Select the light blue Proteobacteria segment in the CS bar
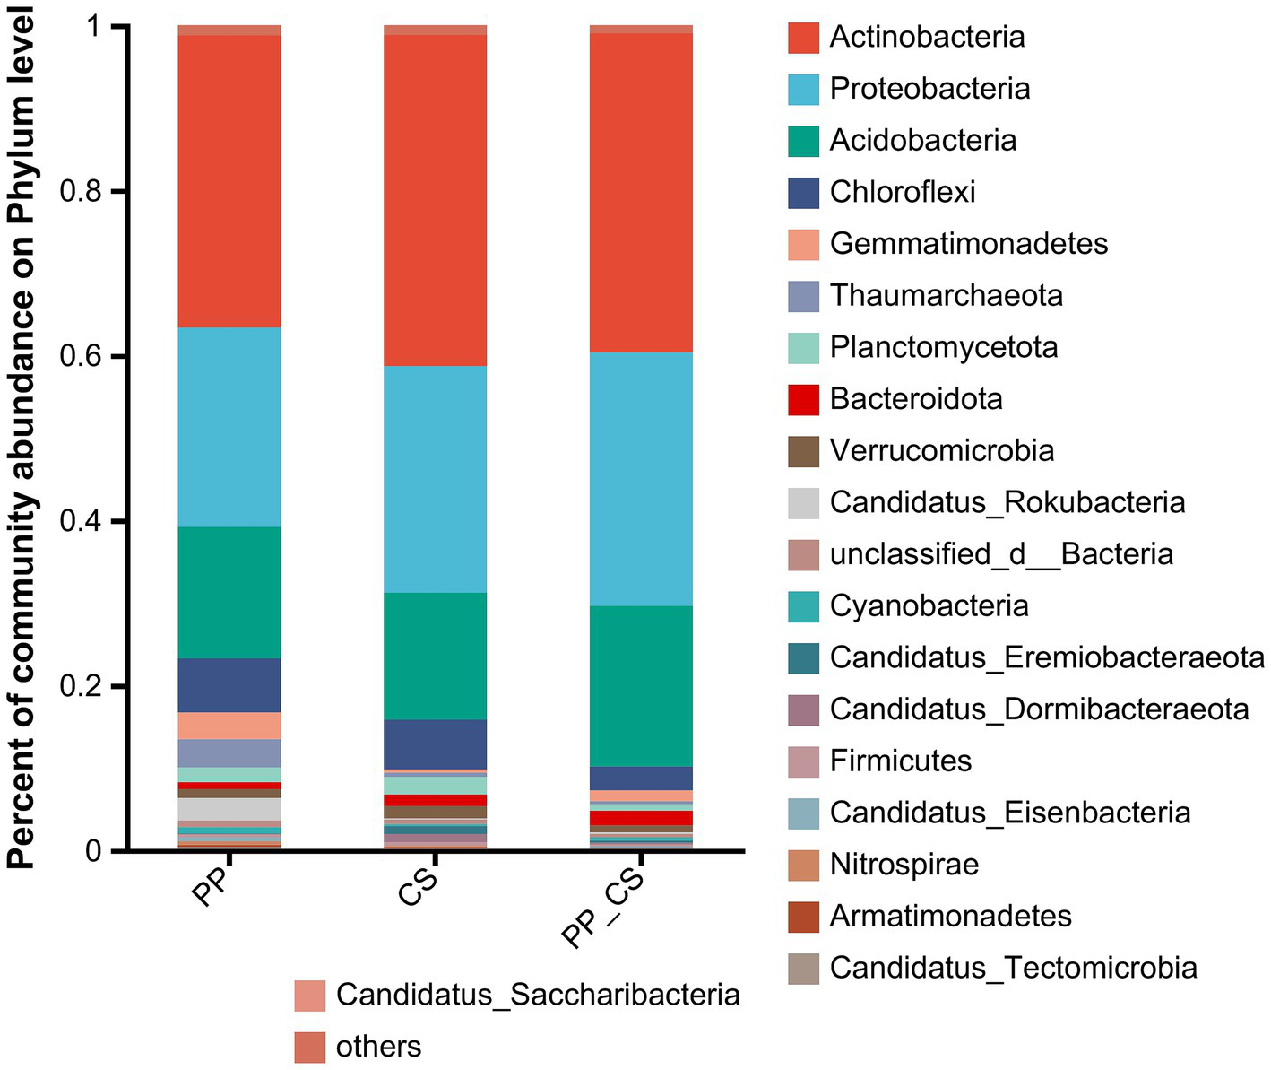click(436, 479)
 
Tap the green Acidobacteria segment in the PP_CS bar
click(641, 686)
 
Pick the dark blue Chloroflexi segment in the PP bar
click(229, 685)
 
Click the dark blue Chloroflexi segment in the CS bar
click(436, 744)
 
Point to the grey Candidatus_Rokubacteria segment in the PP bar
click(229, 809)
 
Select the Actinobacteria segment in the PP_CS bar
click(641, 192)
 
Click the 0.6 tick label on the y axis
click(79, 357)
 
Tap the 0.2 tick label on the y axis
click(79, 687)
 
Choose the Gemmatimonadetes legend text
click(968, 244)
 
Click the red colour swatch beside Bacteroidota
click(803, 399)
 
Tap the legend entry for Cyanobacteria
click(929, 606)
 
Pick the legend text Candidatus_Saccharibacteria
click(538, 995)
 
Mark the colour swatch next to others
click(309, 1047)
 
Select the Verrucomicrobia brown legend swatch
click(803, 451)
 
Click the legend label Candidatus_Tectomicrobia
click(1013, 969)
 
